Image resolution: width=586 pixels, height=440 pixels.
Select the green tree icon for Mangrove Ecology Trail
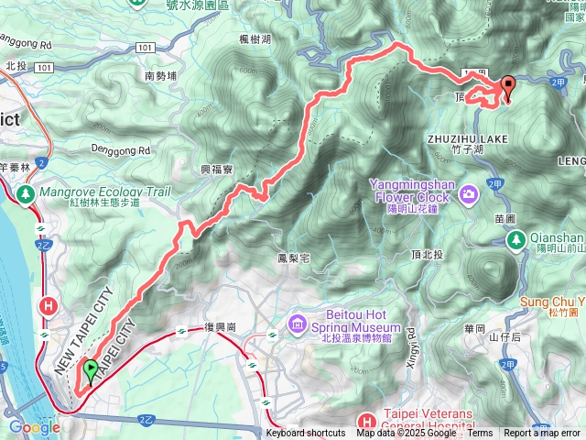pos(25,194)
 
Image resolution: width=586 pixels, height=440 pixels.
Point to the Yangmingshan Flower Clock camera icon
pos(469,193)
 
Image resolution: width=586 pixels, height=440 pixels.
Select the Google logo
pos(35,427)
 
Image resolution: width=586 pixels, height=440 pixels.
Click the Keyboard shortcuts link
pos(306,434)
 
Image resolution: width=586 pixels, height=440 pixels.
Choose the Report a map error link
pos(542,434)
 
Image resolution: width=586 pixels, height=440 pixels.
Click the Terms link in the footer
pos(480,434)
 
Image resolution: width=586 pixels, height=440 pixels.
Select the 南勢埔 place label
pos(160,77)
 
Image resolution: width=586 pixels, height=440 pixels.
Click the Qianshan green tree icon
pos(516,240)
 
